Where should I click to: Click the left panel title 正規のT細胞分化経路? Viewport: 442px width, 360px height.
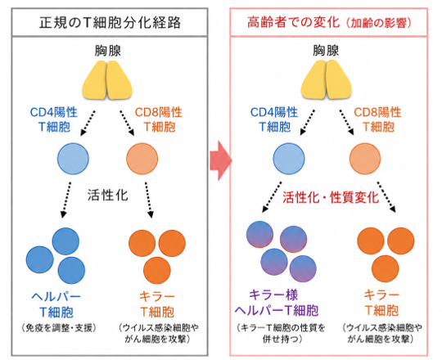(x=110, y=23)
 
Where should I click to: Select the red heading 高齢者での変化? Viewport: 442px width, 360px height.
(x=294, y=22)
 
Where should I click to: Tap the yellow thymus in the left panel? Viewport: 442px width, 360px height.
(x=107, y=80)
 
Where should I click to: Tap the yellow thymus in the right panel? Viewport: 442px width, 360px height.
(x=326, y=80)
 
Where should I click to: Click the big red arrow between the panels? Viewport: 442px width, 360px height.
(x=221, y=160)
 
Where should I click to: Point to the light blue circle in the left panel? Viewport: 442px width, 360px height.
(x=73, y=159)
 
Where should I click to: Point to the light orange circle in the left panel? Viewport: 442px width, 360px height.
(x=142, y=159)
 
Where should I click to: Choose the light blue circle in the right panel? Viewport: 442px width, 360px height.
(x=289, y=159)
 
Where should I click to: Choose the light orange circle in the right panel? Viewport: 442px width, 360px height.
(x=365, y=159)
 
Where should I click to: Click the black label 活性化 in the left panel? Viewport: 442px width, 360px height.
(x=108, y=195)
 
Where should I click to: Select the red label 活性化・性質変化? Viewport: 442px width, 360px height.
(x=331, y=197)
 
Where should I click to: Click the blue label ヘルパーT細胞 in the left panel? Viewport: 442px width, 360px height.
(x=56, y=304)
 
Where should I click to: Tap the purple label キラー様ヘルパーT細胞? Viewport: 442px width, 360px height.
(x=277, y=303)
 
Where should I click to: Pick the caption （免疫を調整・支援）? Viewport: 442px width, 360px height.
(x=59, y=327)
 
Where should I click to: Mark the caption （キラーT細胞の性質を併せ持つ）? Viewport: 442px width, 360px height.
(x=282, y=333)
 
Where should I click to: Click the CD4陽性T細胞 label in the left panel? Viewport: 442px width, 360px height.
(x=53, y=119)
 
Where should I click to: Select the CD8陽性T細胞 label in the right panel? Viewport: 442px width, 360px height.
(x=377, y=119)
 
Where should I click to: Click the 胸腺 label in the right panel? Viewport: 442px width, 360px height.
(x=326, y=51)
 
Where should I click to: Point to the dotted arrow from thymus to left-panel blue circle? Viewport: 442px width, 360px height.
(x=88, y=124)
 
